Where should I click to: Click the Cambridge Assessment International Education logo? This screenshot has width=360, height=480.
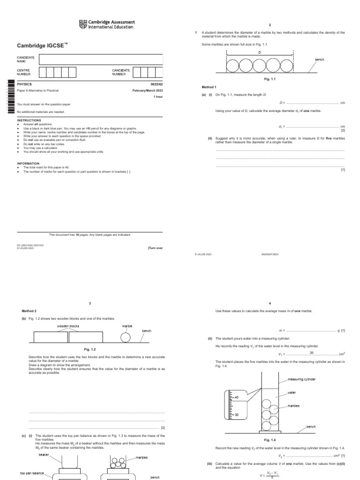(x=107, y=24)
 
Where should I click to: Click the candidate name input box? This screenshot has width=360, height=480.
(x=101, y=60)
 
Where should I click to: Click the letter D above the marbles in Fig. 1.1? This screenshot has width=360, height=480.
(x=260, y=53)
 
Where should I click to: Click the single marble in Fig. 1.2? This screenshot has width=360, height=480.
(x=125, y=337)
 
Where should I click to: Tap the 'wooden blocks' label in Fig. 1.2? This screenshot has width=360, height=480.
(x=68, y=326)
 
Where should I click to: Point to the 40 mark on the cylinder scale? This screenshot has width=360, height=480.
(x=237, y=397)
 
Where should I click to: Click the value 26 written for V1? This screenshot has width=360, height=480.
(x=312, y=352)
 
